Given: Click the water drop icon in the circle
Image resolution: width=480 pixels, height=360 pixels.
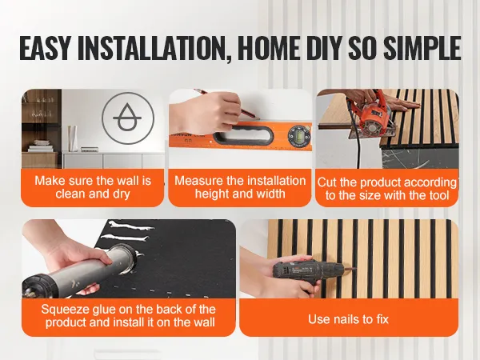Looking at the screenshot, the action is (127, 118).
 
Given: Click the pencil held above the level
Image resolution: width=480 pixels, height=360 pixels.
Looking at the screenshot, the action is (227, 103).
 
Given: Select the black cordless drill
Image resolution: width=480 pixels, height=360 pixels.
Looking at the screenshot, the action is (309, 274).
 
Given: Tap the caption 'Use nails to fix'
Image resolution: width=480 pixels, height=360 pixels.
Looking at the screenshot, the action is (348, 319).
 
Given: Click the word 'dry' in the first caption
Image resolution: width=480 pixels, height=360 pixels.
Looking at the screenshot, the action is (122, 194).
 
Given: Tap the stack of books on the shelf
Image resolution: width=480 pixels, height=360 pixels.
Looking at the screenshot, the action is (41, 146).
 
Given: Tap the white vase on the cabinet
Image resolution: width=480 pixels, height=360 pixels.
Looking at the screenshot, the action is (73, 138).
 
